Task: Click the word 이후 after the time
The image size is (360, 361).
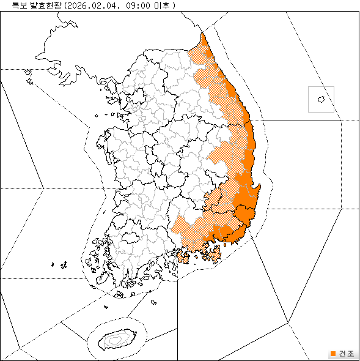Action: (x=160, y=6)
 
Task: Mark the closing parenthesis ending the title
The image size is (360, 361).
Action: (x=174, y=6)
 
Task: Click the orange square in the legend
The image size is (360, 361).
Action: (x=332, y=354)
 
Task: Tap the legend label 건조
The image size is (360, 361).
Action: (x=345, y=354)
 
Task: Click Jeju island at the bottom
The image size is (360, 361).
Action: (x=116, y=338)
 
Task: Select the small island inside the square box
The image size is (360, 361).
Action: (x=321, y=99)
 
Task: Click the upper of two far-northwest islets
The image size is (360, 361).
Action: (x=28, y=72)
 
